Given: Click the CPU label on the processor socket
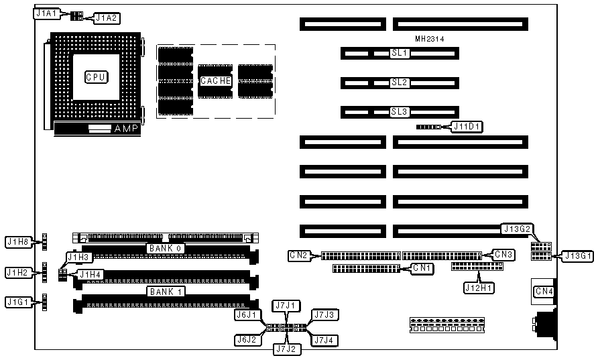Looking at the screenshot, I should (x=96, y=77).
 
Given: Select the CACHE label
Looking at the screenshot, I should (x=216, y=80).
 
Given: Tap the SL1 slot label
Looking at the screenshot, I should (x=400, y=52).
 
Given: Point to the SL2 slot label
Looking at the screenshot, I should (x=400, y=82).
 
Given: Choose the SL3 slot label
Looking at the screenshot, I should (x=400, y=112).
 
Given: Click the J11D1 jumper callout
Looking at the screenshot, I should (x=467, y=126).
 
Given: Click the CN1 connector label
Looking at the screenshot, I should (x=422, y=268).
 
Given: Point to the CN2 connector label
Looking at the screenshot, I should (x=299, y=255).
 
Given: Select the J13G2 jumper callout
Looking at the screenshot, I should (x=517, y=229).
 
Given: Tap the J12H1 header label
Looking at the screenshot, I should (x=480, y=288).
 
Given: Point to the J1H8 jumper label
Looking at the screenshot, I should (x=18, y=241).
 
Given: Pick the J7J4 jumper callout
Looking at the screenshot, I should (x=326, y=341).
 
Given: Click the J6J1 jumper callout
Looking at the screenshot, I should (x=245, y=314).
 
